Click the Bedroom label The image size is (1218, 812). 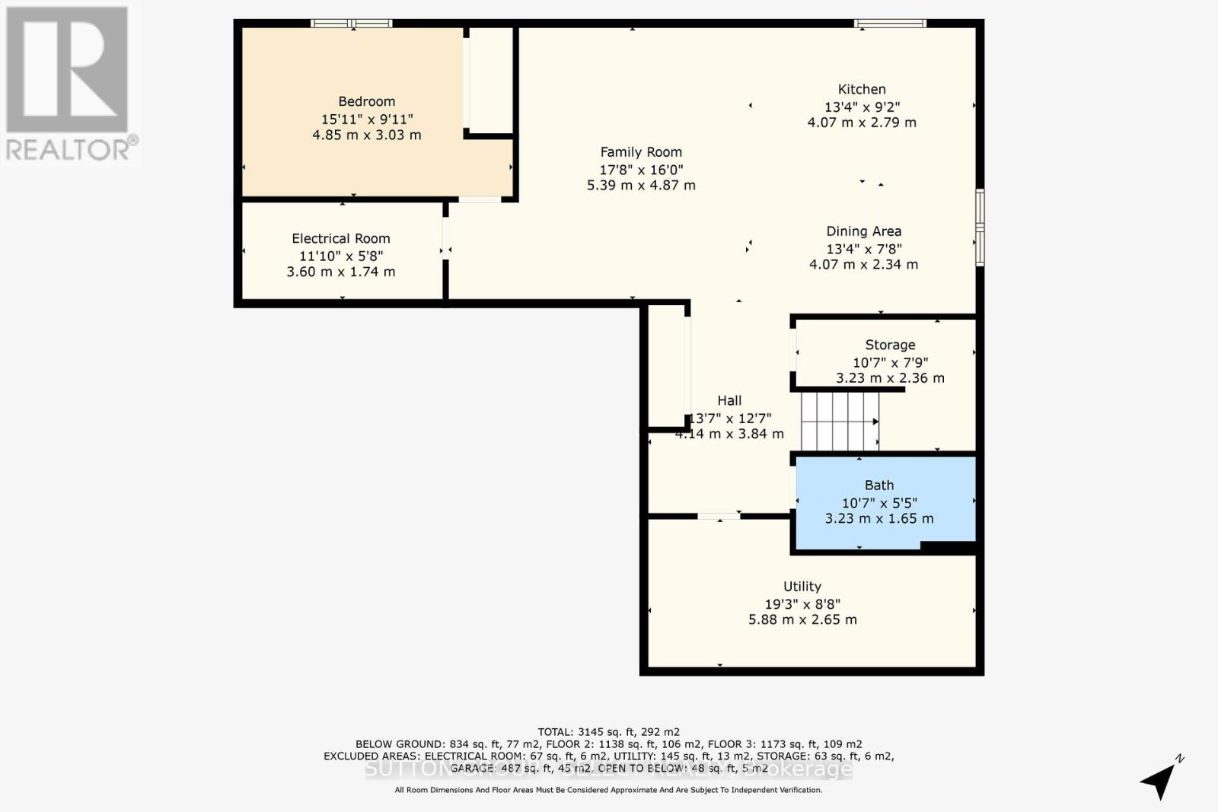tap(366, 101)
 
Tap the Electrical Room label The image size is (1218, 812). tap(340, 238)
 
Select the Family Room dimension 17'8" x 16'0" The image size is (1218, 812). tap(641, 169)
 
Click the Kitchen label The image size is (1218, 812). tap(861, 89)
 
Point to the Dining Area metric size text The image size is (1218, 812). tap(863, 264)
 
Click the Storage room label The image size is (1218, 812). tap(889, 345)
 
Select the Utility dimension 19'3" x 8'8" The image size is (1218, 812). tap(802, 603)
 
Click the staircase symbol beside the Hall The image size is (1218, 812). tap(839, 421)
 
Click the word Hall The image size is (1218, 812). tap(729, 400)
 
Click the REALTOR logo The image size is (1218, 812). tap(69, 84)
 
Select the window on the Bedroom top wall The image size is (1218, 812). tap(352, 24)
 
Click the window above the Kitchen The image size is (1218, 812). tap(890, 24)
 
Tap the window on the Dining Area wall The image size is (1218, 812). tap(980, 227)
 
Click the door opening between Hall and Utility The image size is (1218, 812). tap(719, 517)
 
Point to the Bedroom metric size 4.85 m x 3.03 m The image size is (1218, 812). tap(366, 135)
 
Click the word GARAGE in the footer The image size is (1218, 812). tap(472, 769)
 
